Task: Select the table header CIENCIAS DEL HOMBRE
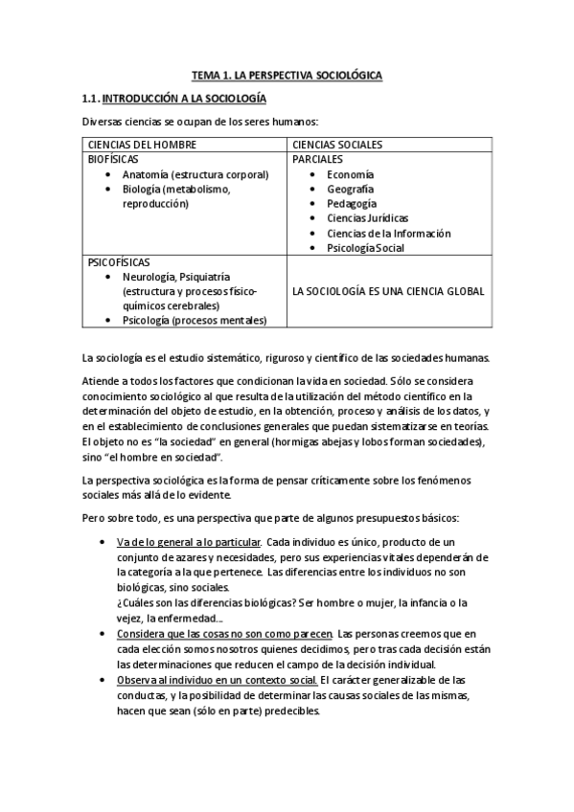pos(142,145)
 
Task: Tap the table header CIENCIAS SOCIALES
pos(337,145)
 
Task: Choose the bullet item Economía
pos(350,174)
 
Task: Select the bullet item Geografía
pos(351,189)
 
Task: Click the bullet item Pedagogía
pos(352,203)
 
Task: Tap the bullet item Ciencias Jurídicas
pos(366,218)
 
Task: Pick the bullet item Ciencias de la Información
pos(388,233)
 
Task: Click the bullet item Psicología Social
pos(365,248)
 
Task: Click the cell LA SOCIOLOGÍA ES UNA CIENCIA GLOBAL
pos(388,291)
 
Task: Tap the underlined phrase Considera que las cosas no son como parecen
pos(225,634)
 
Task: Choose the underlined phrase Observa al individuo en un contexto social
pos(218,680)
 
